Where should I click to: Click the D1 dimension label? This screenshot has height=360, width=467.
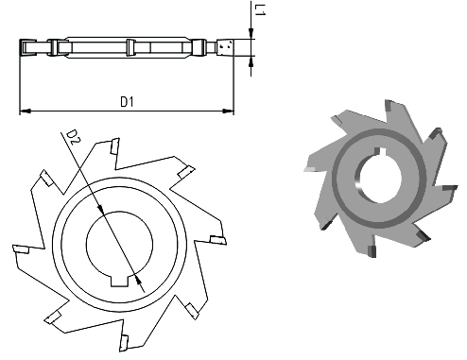128,102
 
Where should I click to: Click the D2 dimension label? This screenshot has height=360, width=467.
73,137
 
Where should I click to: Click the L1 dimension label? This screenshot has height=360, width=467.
260,9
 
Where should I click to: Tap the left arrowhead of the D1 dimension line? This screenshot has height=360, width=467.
26,111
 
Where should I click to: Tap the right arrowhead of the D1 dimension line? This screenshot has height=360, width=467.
228,111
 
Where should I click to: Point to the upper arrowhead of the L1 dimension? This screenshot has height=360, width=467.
251,34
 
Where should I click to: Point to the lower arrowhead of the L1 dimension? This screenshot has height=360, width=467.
251,61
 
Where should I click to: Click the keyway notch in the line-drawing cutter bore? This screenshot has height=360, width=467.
120,281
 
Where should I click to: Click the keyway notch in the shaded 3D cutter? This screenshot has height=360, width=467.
378,151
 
